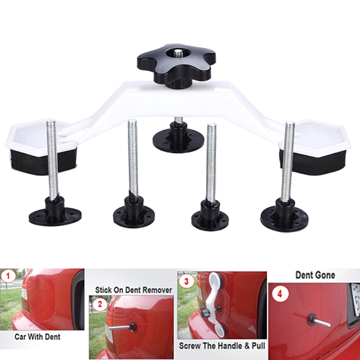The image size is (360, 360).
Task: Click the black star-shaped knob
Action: [x=176, y=64]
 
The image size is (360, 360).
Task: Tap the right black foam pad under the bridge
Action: [x=312, y=162]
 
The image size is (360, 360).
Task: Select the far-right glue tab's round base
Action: [x=284, y=219]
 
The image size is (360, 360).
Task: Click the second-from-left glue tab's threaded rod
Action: [x=133, y=160]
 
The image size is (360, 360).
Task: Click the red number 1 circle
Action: [x=9, y=276]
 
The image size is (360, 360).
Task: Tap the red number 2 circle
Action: [x=99, y=304]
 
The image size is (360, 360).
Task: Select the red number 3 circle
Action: [x=186, y=281]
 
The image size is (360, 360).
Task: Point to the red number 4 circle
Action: [x=279, y=294]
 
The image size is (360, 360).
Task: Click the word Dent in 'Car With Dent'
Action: [x=53, y=337]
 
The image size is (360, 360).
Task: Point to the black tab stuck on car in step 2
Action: [x=133, y=327]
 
